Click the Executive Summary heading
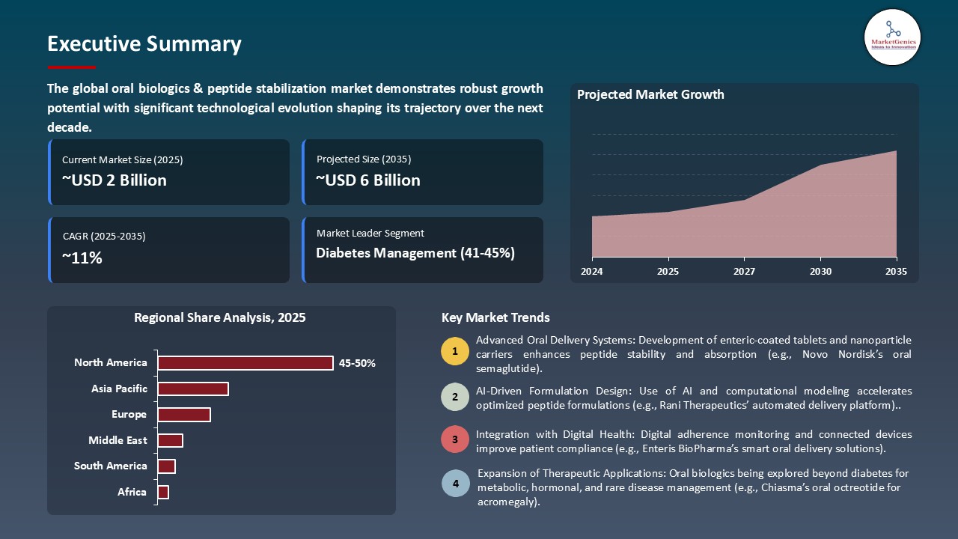click(144, 44)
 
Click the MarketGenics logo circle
click(892, 37)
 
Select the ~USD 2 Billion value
click(115, 180)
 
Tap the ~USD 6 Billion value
click(368, 180)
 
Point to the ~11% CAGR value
click(82, 258)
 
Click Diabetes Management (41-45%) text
click(415, 253)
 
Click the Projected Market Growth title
click(650, 94)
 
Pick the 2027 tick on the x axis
click(745, 271)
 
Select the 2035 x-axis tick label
click(896, 271)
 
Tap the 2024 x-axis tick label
click(592, 271)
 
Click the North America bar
click(245, 363)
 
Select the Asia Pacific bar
click(193, 389)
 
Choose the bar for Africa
click(163, 492)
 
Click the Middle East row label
click(118, 440)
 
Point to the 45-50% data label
click(357, 363)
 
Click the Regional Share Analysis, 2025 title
click(220, 317)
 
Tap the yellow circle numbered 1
click(455, 352)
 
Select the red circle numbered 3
click(455, 439)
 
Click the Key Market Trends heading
click(495, 317)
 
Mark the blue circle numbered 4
click(455, 484)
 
